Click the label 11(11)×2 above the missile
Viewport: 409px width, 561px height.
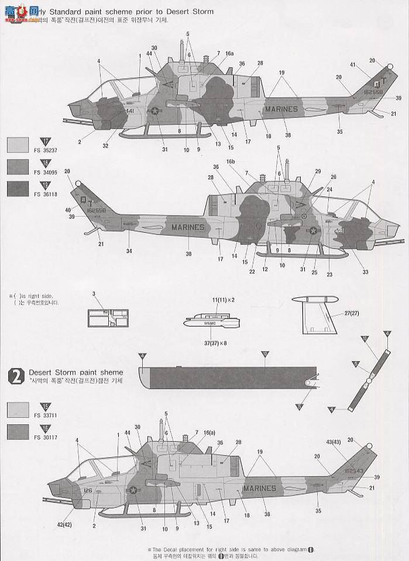click(x=223, y=299)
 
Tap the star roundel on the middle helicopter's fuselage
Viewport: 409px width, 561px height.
click(x=312, y=231)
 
